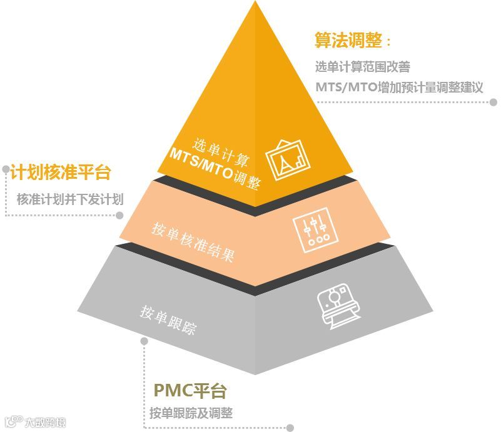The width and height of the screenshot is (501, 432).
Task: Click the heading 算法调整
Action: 348,42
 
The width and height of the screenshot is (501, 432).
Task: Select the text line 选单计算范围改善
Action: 362,66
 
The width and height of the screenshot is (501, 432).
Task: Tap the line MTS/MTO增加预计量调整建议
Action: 399,87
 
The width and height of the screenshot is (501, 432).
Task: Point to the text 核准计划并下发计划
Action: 70,199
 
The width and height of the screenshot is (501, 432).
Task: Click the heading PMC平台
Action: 190,392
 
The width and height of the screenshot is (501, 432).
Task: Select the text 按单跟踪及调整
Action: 191,413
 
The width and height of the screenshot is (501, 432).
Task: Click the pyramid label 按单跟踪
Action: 168,319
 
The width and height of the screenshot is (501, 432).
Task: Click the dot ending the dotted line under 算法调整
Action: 493,101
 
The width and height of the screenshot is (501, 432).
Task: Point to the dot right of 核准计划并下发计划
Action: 119,215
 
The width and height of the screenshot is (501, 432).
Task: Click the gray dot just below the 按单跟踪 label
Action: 144,341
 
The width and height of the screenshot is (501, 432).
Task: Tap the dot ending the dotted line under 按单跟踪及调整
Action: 290,428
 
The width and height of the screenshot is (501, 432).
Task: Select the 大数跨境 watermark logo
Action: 34,422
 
